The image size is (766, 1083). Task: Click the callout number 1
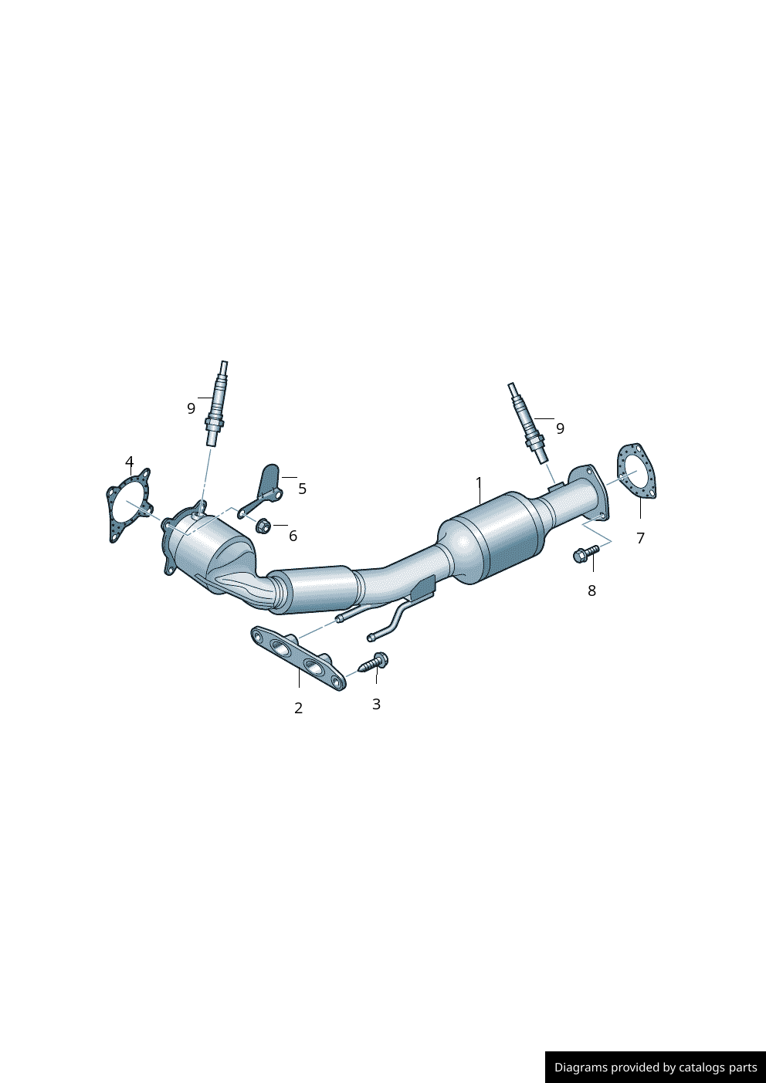pyautogui.click(x=479, y=483)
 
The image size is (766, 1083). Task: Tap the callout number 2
pyautogui.click(x=298, y=708)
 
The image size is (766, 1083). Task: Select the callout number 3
pyautogui.click(x=376, y=704)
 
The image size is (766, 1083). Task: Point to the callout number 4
pyautogui.click(x=129, y=462)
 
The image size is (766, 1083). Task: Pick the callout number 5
pyautogui.click(x=302, y=489)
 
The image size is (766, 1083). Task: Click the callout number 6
pyautogui.click(x=293, y=536)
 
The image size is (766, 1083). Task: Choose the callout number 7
pyautogui.click(x=641, y=537)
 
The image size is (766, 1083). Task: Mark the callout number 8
pyautogui.click(x=592, y=591)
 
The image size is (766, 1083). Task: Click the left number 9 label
pyautogui.click(x=191, y=408)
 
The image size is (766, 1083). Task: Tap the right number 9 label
pyautogui.click(x=560, y=428)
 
